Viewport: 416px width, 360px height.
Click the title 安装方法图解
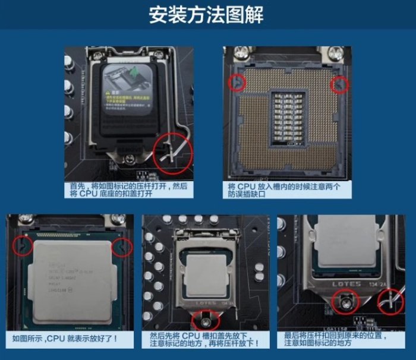pos(206,14)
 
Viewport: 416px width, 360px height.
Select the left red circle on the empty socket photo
pos(237,83)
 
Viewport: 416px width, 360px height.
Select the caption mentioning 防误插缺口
pos(284,190)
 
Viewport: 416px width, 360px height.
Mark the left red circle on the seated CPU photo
pos(23,245)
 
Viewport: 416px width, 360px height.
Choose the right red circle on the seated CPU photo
pos(122,247)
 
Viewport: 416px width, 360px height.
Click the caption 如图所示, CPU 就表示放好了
pos(65,339)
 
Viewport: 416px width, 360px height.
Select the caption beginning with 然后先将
pos(205,339)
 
